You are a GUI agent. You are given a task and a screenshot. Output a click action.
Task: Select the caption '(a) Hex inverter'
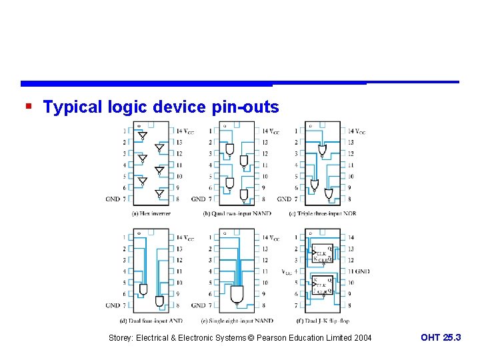(151, 213)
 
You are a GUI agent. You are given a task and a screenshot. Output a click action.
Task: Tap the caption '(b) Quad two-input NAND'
(238, 213)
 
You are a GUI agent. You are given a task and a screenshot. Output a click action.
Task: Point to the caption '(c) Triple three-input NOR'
(323, 213)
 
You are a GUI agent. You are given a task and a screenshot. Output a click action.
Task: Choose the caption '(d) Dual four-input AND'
(151, 321)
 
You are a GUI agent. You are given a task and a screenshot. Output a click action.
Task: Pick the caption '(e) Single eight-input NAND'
(237, 321)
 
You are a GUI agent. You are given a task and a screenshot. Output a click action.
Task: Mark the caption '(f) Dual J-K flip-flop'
(323, 321)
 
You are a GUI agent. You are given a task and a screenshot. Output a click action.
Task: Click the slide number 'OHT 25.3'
(441, 338)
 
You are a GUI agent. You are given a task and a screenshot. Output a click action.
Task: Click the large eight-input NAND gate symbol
(237, 294)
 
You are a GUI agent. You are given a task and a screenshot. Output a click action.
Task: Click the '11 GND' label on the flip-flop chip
(359, 271)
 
